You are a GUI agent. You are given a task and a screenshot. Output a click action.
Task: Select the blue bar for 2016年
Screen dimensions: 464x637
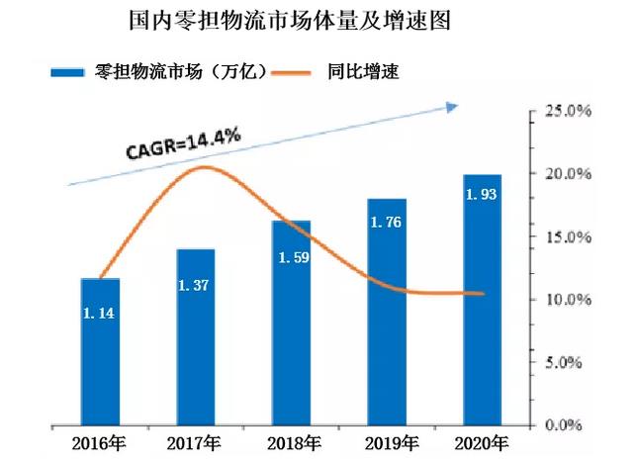[x=100, y=351]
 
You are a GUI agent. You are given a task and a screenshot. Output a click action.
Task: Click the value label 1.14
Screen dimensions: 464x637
[x=100, y=314]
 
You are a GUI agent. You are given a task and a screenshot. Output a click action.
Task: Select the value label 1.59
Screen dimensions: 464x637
[x=291, y=258]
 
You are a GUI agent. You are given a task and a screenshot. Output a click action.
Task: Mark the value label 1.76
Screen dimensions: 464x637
[x=387, y=223]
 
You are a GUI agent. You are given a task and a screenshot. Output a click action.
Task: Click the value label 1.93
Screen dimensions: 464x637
[x=483, y=194]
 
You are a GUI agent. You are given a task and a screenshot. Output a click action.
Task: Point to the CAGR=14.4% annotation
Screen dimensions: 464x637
[x=184, y=144]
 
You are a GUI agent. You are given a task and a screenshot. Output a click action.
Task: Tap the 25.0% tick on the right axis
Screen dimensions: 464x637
[x=569, y=111]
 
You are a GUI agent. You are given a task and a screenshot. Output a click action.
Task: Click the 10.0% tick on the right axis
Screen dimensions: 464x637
[x=569, y=299]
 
